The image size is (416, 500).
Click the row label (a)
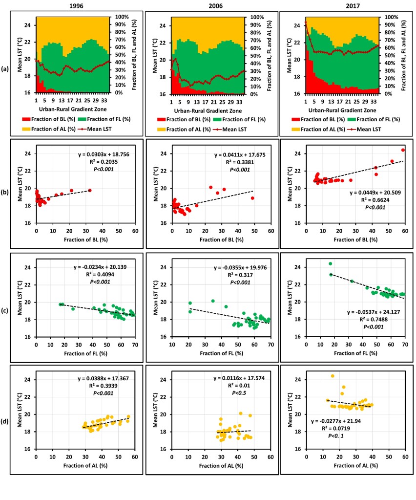coord(14,68)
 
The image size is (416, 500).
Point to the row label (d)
coord(14,418)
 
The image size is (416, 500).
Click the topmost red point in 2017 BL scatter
coord(403,150)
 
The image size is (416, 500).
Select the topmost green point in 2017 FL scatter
coord(330,264)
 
